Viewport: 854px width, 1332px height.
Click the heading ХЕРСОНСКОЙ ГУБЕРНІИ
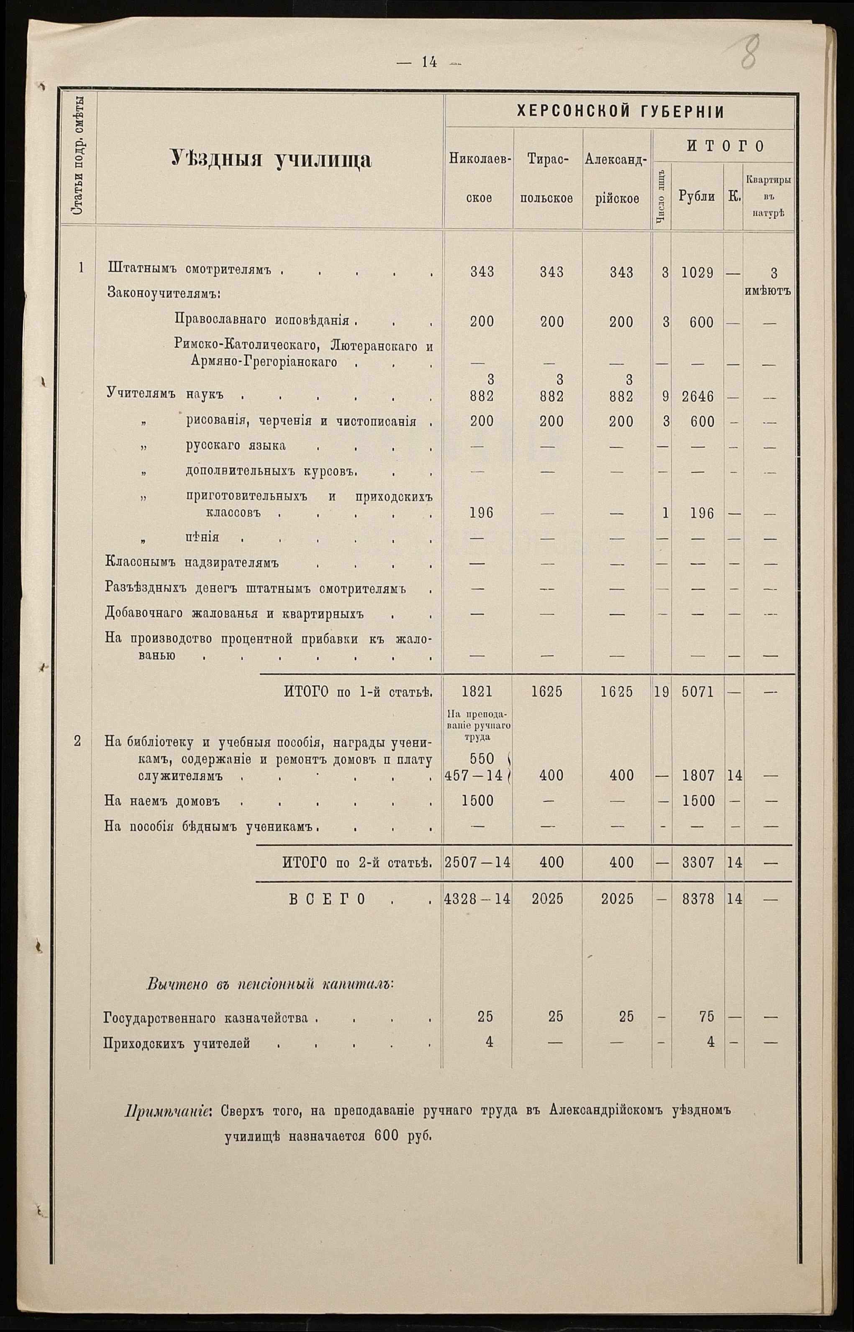620,112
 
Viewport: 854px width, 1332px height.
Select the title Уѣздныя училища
271,160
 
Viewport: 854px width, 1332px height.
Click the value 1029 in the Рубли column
697,272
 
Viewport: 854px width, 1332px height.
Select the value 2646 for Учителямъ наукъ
697,397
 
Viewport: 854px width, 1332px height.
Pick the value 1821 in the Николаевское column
477,692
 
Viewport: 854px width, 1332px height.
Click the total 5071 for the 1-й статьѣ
697,692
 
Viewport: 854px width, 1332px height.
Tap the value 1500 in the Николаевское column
477,801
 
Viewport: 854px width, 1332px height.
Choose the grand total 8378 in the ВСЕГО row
698,899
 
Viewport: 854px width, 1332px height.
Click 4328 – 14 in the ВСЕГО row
477,899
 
